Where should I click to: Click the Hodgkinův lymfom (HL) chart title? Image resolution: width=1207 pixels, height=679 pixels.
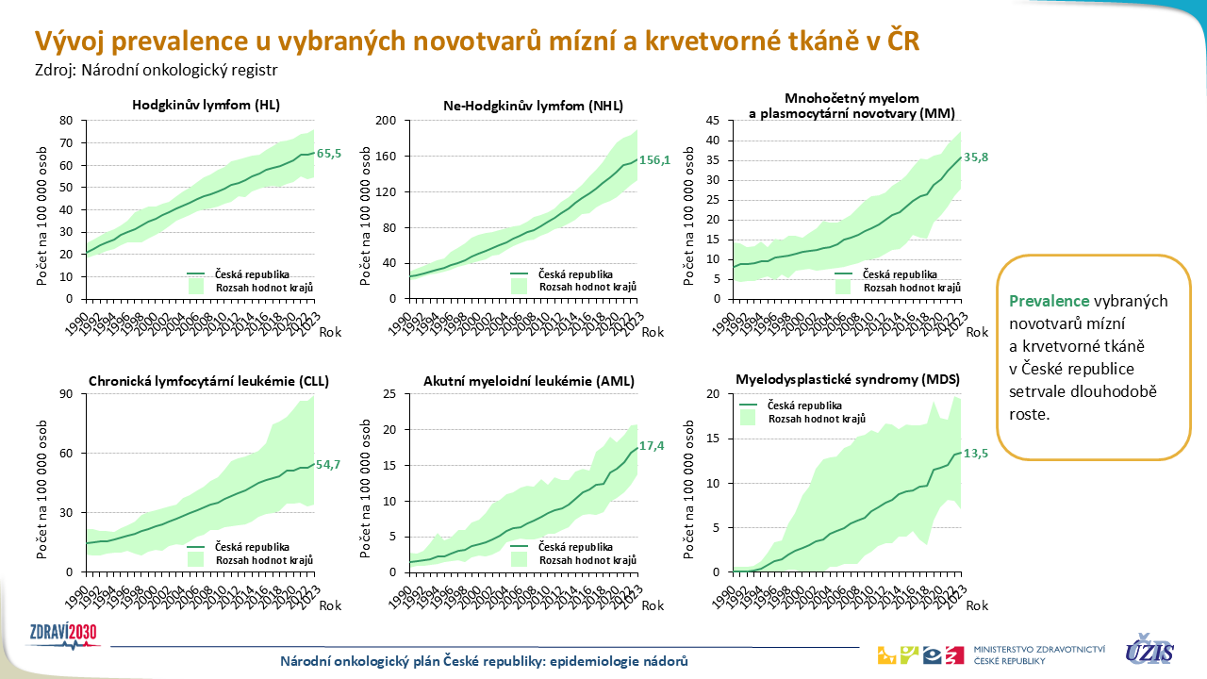[206, 105]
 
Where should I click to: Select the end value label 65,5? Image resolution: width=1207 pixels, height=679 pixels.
[329, 153]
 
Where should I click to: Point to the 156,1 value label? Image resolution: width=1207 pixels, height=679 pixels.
[654, 160]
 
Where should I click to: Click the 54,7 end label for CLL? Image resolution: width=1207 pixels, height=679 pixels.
[329, 464]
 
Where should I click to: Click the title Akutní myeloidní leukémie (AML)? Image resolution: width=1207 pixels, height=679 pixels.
[530, 381]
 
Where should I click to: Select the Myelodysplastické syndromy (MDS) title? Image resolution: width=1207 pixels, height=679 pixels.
[847, 380]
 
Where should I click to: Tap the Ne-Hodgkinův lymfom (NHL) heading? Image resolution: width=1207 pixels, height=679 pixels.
[533, 106]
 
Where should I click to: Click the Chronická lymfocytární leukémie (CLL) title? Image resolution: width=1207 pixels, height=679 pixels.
[207, 381]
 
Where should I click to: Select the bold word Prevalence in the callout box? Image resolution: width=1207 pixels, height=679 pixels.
[1050, 301]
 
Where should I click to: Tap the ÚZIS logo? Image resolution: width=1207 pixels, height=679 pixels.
[1149, 651]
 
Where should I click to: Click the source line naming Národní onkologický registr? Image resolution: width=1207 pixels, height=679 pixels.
[157, 69]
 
